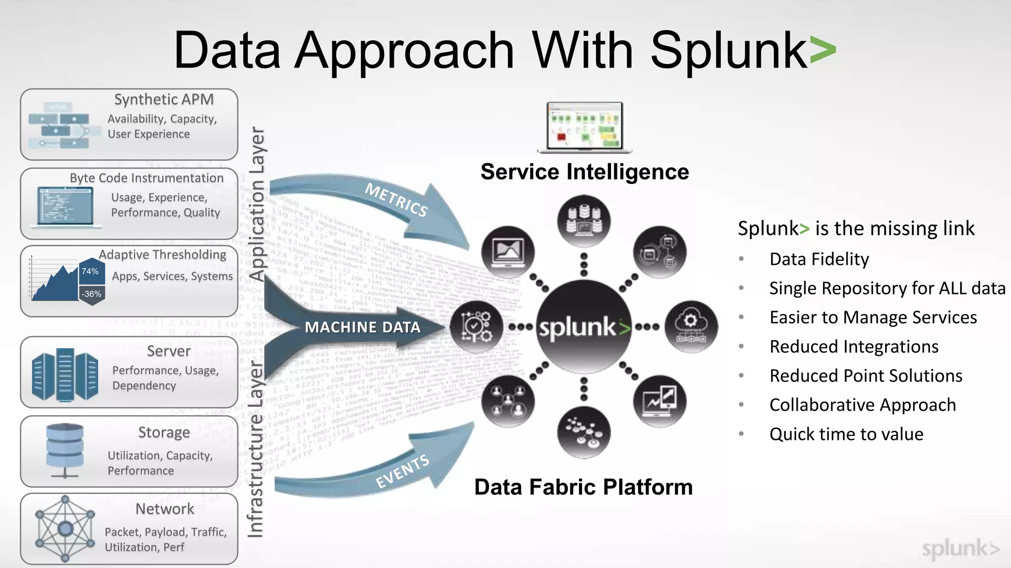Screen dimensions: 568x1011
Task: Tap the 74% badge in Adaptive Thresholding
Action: [x=91, y=271]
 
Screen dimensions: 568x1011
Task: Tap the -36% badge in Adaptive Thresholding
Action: [x=92, y=294]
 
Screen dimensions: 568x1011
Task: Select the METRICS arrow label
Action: [x=396, y=200]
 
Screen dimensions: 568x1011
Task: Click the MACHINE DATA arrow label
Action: [x=362, y=327]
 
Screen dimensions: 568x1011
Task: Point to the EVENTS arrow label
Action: [x=402, y=471]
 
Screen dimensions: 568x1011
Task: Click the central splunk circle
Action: [x=583, y=327]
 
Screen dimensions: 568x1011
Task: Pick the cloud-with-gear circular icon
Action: [x=691, y=326]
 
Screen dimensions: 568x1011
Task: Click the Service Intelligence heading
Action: [x=584, y=172]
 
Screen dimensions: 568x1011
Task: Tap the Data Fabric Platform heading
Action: [x=583, y=487]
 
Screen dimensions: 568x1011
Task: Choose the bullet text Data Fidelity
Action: [x=819, y=259]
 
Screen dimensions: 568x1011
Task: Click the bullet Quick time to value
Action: [x=846, y=434]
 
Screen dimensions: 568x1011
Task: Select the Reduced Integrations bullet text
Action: [x=854, y=347]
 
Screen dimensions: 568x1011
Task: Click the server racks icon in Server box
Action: [x=65, y=375]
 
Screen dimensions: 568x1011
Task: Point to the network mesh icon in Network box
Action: [x=65, y=529]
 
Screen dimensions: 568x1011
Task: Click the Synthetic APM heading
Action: [x=164, y=100]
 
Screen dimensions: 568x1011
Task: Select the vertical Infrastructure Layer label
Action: [x=256, y=449]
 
